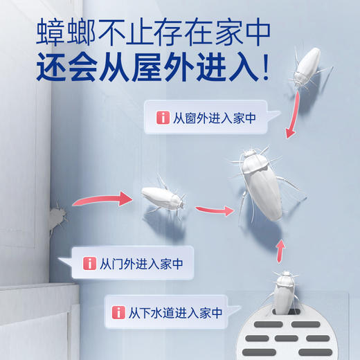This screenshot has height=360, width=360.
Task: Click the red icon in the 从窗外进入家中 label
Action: pos(164,118)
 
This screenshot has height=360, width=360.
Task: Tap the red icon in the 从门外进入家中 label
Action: pos(89,264)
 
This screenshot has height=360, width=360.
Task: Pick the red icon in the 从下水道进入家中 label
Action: pos(116,312)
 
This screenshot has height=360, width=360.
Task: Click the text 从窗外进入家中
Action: pos(214,118)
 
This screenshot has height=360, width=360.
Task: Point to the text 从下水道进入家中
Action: pos(174,312)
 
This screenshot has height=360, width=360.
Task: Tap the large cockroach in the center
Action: pos(262,185)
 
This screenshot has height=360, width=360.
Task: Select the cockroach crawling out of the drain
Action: pos(285,294)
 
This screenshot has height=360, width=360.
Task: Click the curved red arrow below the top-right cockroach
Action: pos(294,116)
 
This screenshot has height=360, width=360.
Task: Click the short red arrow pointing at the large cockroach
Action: pos(215,208)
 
